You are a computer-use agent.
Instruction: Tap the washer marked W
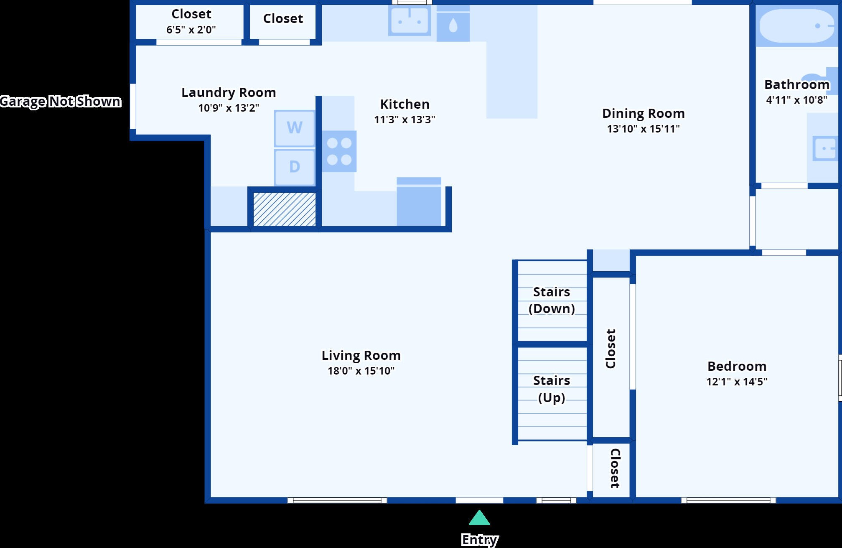click(x=295, y=128)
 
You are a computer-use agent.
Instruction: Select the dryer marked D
click(x=295, y=167)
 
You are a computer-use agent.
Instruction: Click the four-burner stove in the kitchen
click(x=339, y=151)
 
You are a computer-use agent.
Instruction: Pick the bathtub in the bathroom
click(x=796, y=26)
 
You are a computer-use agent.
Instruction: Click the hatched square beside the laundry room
click(x=285, y=209)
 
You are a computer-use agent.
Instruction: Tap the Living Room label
click(x=361, y=355)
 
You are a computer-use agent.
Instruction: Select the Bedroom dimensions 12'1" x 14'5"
click(x=737, y=382)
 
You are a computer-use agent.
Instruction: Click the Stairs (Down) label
click(x=552, y=300)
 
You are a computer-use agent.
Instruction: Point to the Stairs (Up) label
click(x=552, y=389)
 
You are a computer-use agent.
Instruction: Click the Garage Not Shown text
click(x=61, y=101)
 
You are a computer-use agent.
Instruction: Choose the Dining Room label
click(x=643, y=113)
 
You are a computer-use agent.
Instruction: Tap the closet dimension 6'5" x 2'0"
click(x=191, y=30)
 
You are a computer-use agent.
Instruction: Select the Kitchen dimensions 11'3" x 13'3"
click(x=404, y=120)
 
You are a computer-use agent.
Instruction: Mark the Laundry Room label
click(x=229, y=92)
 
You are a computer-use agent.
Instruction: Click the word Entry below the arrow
click(x=480, y=540)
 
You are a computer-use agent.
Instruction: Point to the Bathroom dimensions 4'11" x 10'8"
click(x=796, y=100)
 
